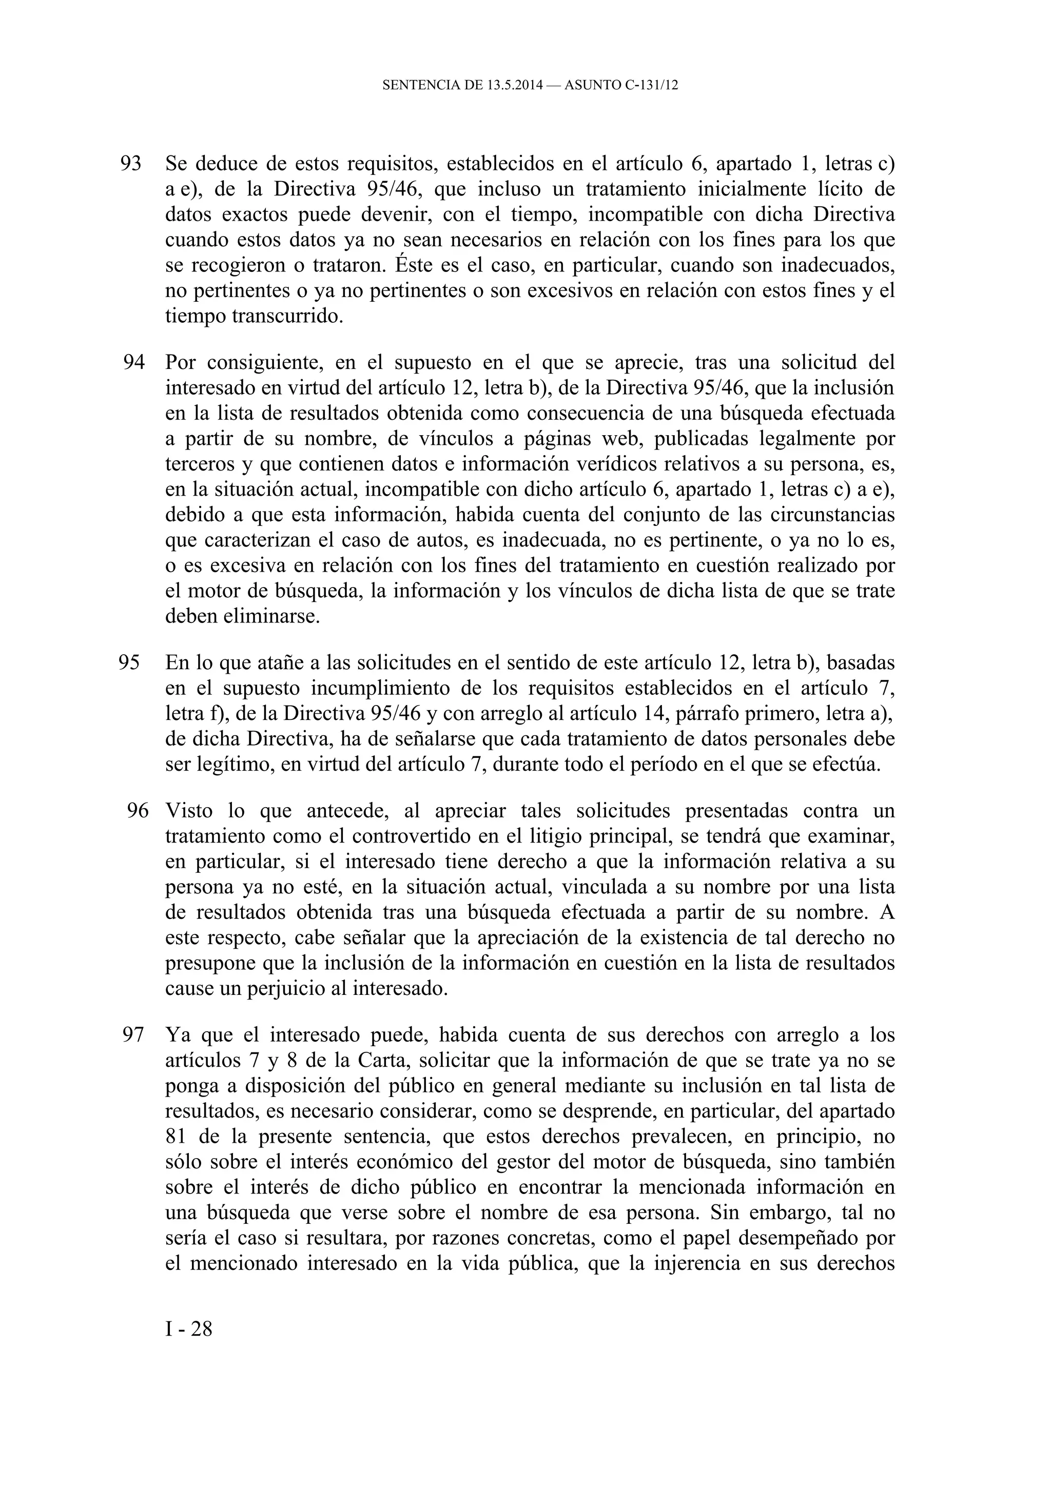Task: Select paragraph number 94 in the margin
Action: point(133,362)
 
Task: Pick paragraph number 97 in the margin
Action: point(133,1035)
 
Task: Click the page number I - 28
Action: point(189,1329)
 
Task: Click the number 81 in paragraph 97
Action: point(178,1137)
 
